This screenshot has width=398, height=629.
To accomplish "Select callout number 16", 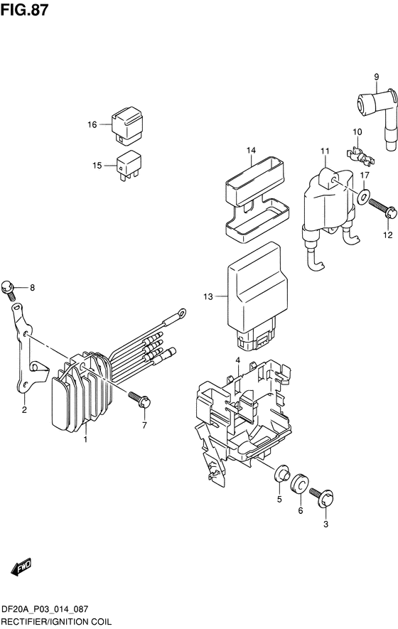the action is [x=92, y=125].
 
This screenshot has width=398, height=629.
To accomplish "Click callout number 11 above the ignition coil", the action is [x=325, y=151].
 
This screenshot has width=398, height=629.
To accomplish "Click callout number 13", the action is [x=208, y=297].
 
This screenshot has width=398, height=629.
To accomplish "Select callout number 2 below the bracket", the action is [x=24, y=409].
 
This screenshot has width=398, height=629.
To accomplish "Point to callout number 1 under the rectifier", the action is [x=85, y=440].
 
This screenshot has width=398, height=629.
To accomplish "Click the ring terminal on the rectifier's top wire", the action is [x=182, y=312].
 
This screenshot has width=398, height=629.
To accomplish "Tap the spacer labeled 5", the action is [x=281, y=473].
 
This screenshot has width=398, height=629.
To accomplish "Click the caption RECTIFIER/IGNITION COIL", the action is [x=56, y=622].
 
